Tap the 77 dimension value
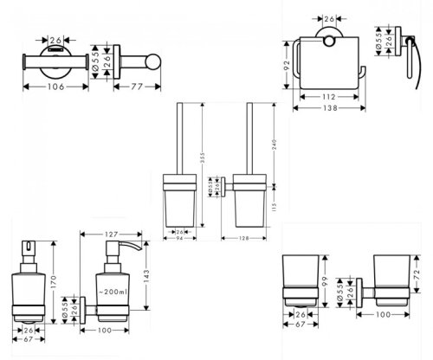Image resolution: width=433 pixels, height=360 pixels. (x=137, y=87)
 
